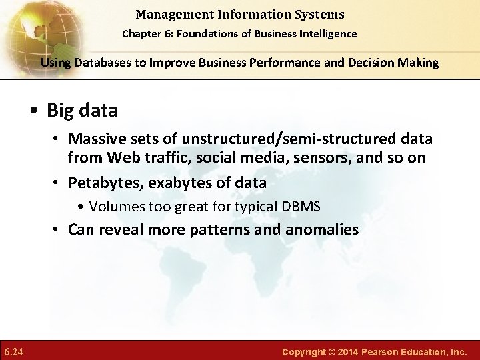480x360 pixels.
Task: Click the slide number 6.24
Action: (x=13, y=351)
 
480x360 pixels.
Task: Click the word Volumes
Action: (x=115, y=207)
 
